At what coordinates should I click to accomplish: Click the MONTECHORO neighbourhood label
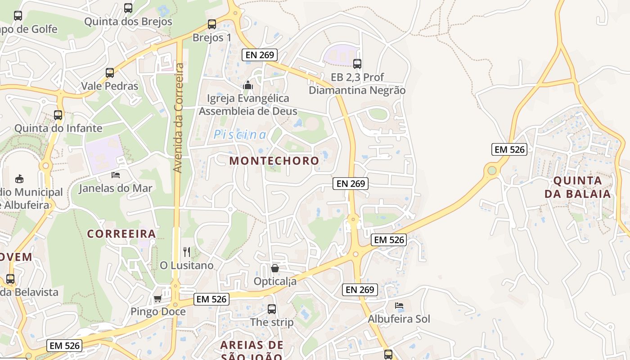point(274,161)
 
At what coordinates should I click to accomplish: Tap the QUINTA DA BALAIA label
point(578,187)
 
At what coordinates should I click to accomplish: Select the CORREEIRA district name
point(121,234)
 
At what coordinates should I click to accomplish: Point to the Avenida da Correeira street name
point(179,118)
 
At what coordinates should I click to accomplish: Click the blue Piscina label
point(240,135)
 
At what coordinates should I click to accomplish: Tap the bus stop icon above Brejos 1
point(212,24)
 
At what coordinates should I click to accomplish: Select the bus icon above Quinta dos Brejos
point(128,8)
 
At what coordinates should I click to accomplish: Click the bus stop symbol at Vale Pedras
point(110,72)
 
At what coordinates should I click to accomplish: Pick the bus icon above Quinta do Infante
point(58,115)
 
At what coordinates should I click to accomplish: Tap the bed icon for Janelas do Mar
point(116,175)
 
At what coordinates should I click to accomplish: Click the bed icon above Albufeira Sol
point(399,306)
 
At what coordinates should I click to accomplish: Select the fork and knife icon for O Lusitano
point(187,252)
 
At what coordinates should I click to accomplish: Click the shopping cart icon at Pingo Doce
point(157,298)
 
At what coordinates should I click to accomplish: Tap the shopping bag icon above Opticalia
point(275,268)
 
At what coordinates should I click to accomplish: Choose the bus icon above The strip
point(272,309)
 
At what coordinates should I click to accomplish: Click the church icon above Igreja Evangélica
point(248,85)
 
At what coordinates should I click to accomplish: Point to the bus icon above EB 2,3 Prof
point(357,64)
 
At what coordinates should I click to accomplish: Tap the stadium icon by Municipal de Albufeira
point(19,179)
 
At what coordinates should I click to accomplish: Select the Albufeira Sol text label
point(399,319)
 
